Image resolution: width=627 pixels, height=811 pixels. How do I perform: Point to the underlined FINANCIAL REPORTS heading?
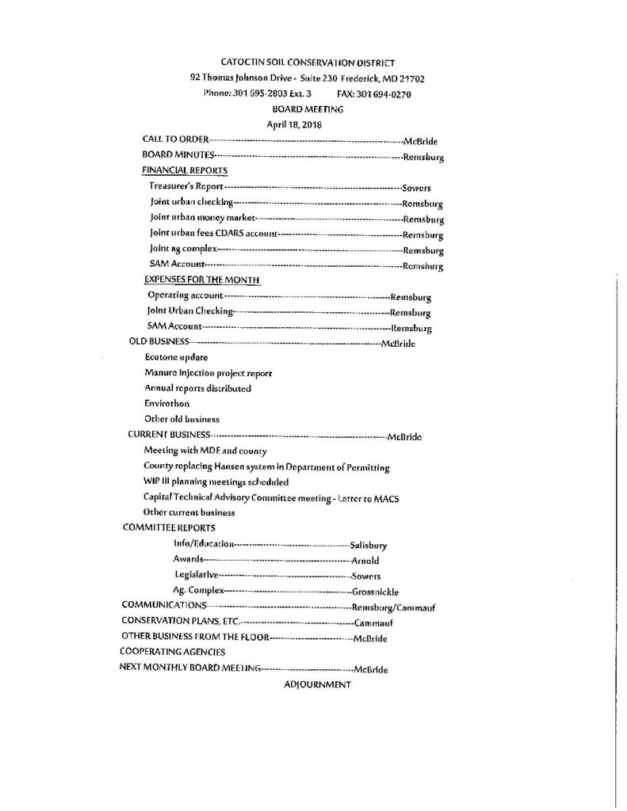185,170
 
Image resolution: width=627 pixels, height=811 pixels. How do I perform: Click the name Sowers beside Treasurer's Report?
416,188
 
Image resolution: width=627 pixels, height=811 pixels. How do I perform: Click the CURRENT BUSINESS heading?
170,435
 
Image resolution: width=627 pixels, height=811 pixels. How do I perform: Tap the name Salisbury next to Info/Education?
373,545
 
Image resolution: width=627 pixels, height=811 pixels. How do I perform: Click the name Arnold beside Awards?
366,560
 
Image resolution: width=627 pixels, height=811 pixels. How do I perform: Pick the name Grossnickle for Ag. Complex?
376,591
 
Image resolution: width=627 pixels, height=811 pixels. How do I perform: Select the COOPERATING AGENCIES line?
172,653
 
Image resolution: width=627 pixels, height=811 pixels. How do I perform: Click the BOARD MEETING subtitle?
306,109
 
